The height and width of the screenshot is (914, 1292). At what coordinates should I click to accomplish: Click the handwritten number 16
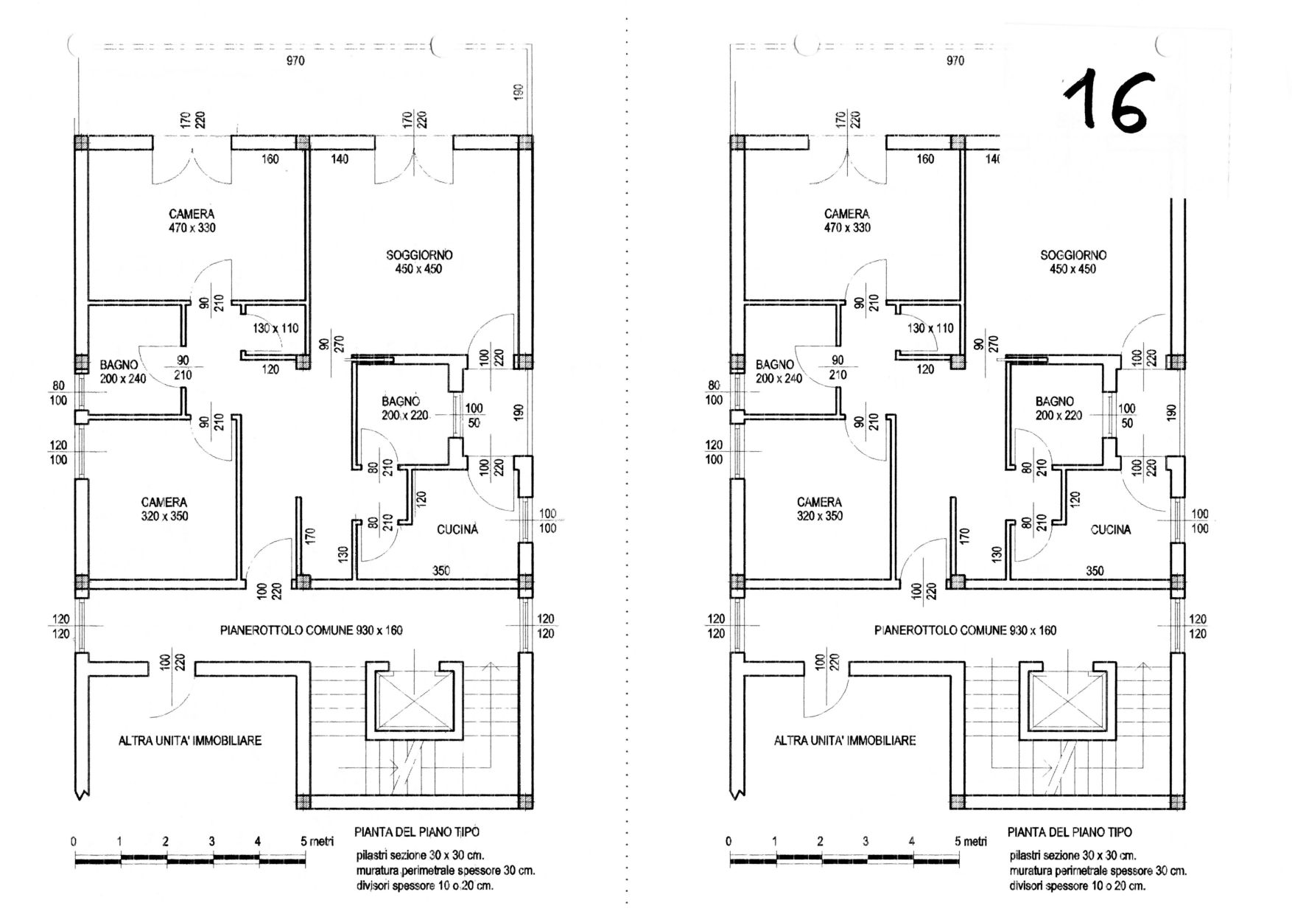point(1106,104)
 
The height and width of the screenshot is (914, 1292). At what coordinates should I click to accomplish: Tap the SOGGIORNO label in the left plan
point(419,262)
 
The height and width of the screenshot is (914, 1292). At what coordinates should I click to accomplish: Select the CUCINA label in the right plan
point(1111,529)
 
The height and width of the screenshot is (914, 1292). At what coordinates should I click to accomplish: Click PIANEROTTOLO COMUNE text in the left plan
point(312,630)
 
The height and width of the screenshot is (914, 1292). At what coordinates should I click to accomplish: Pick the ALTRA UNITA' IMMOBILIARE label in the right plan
point(845,740)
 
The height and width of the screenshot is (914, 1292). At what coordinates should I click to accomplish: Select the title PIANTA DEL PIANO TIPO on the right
point(1070,831)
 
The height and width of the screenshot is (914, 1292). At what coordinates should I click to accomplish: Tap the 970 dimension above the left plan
point(295,60)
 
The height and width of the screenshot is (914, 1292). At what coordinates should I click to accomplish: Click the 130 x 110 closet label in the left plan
point(275,328)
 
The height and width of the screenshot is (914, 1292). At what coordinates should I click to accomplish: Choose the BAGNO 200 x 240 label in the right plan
point(779,371)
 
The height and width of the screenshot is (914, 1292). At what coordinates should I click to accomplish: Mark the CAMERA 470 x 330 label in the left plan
point(192,220)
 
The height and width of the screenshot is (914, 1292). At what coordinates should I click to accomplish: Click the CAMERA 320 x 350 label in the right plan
point(819,509)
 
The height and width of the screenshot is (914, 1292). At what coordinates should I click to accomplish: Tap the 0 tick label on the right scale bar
point(729,841)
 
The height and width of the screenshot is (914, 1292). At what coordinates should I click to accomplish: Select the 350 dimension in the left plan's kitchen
point(441,571)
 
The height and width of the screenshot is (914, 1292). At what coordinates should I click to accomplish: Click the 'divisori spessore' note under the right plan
point(1077,885)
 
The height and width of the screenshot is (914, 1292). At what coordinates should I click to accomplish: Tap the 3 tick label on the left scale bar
point(211,841)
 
